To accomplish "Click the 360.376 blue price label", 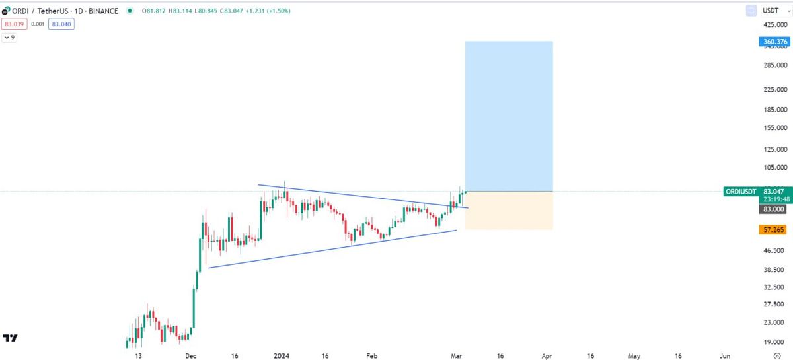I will [x=774, y=42].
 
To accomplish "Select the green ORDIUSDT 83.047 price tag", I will [x=757, y=191].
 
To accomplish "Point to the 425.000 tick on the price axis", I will [x=775, y=24].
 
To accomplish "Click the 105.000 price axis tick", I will [x=775, y=168].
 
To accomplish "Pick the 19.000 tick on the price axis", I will [x=775, y=342].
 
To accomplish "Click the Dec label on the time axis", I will [x=191, y=355].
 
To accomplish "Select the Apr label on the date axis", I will [x=547, y=355].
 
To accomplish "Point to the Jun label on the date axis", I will [x=725, y=355].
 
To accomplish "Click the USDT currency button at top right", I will [x=771, y=11].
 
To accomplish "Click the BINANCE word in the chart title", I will [x=104, y=11].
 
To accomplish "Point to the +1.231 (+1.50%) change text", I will [x=268, y=11].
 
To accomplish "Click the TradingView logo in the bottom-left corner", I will [x=10, y=338].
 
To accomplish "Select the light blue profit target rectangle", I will [x=509, y=116].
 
